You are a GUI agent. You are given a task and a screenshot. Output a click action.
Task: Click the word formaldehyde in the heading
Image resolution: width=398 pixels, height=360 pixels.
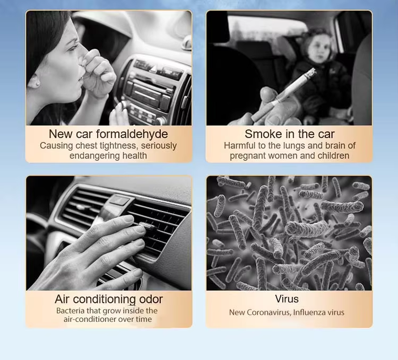(x=132, y=134)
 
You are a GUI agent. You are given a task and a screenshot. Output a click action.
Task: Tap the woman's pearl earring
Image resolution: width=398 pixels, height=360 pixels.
(x=38, y=83)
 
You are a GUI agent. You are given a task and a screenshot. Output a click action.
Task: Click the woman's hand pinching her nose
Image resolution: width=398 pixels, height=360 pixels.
(x=98, y=74)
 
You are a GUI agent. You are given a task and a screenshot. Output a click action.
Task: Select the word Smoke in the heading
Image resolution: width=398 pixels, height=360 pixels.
(x=264, y=134)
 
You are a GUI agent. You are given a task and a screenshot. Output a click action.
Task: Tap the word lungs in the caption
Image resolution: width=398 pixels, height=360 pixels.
(x=294, y=145)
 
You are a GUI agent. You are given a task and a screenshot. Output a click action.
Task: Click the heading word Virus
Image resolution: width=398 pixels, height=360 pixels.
(x=287, y=299)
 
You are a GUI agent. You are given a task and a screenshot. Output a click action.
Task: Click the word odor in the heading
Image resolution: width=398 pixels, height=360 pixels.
(x=151, y=299)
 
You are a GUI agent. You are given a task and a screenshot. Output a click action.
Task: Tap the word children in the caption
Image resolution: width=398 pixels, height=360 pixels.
(x=334, y=155)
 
